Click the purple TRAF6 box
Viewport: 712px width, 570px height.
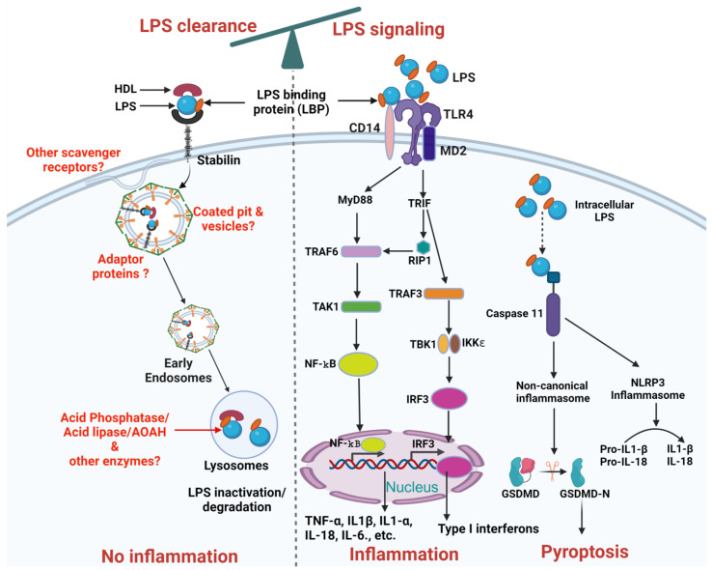pyautogui.click(x=361, y=251)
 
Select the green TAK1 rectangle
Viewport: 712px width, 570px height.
pyautogui.click(x=361, y=306)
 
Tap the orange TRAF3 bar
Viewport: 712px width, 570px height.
pyautogui.click(x=444, y=294)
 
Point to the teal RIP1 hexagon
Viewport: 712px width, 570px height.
pyautogui.click(x=423, y=247)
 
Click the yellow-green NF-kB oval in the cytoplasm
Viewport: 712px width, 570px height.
pyautogui.click(x=358, y=364)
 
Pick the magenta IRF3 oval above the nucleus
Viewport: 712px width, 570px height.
pyautogui.click(x=449, y=399)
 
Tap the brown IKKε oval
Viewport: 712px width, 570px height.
pyautogui.click(x=454, y=344)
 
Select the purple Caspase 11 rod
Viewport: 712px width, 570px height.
pyautogui.click(x=553, y=314)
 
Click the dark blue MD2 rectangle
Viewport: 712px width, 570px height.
pyautogui.click(x=429, y=144)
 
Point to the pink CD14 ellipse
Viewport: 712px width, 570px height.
pyautogui.click(x=390, y=132)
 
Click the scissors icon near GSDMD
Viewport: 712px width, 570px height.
pyautogui.click(x=552, y=470)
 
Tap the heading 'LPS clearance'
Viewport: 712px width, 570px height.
pyautogui.click(x=198, y=26)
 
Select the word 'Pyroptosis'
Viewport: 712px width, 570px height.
pyautogui.click(x=585, y=552)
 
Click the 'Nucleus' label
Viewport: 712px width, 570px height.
pyautogui.click(x=412, y=487)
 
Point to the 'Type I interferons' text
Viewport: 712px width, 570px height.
pyautogui.click(x=488, y=528)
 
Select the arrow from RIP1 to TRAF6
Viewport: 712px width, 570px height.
pyautogui.click(x=399, y=250)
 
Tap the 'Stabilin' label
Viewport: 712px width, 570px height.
pyautogui.click(x=218, y=160)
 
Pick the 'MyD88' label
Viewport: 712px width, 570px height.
pyautogui.click(x=355, y=200)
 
